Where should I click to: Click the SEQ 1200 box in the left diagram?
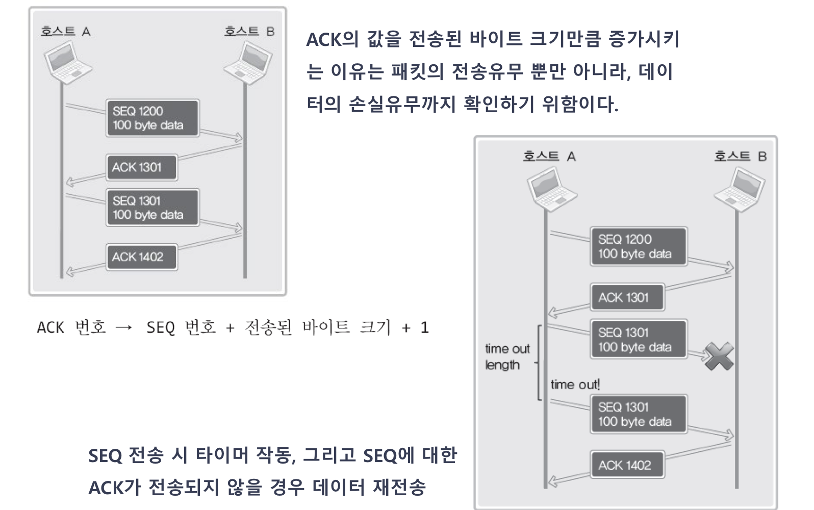point(152,118)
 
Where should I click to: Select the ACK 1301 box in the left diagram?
point(142,167)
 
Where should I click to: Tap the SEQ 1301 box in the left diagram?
point(152,208)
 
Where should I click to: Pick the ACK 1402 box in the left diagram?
point(142,257)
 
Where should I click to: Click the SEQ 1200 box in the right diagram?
point(638,247)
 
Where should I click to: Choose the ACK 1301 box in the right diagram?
point(627,297)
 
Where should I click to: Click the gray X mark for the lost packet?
point(719,356)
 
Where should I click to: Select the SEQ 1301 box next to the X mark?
point(638,340)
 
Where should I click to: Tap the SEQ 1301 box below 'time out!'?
point(638,414)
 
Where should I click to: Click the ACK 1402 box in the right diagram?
point(627,465)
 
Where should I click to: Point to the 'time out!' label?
point(575,385)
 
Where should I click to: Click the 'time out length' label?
point(507,356)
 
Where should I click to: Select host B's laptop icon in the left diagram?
point(249,62)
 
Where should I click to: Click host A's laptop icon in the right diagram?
point(551,190)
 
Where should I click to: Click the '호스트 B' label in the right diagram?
point(740,156)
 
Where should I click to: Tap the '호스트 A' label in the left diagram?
point(65,32)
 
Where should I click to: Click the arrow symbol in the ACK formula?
point(124,328)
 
